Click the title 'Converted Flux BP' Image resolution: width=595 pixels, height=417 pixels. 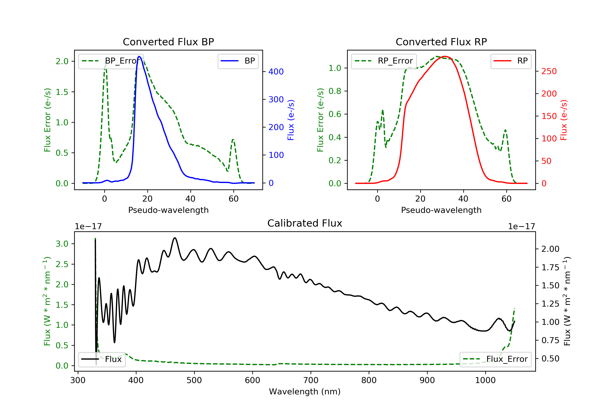pyautogui.click(x=168, y=42)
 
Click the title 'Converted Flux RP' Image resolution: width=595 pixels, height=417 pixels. pyautogui.click(x=441, y=42)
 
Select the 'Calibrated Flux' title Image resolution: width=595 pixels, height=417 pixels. pyautogui.click(x=305, y=223)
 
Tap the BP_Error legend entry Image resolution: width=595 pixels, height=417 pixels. pyautogui.click(x=111, y=61)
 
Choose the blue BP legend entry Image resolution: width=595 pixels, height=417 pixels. pyautogui.click(x=238, y=61)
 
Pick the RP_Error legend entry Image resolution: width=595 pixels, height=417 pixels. pyautogui.click(x=384, y=61)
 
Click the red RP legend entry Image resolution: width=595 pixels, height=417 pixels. pyautogui.click(x=511, y=61)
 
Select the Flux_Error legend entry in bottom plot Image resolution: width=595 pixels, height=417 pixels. pyautogui.click(x=495, y=359)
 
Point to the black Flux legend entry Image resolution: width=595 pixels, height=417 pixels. pyautogui.click(x=102, y=359)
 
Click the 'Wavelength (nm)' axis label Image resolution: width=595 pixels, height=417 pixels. pyautogui.click(x=305, y=392)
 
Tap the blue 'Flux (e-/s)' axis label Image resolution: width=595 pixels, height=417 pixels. pyautogui.click(x=291, y=120)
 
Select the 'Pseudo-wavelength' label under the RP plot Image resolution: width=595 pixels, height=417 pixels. pyautogui.click(x=441, y=210)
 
